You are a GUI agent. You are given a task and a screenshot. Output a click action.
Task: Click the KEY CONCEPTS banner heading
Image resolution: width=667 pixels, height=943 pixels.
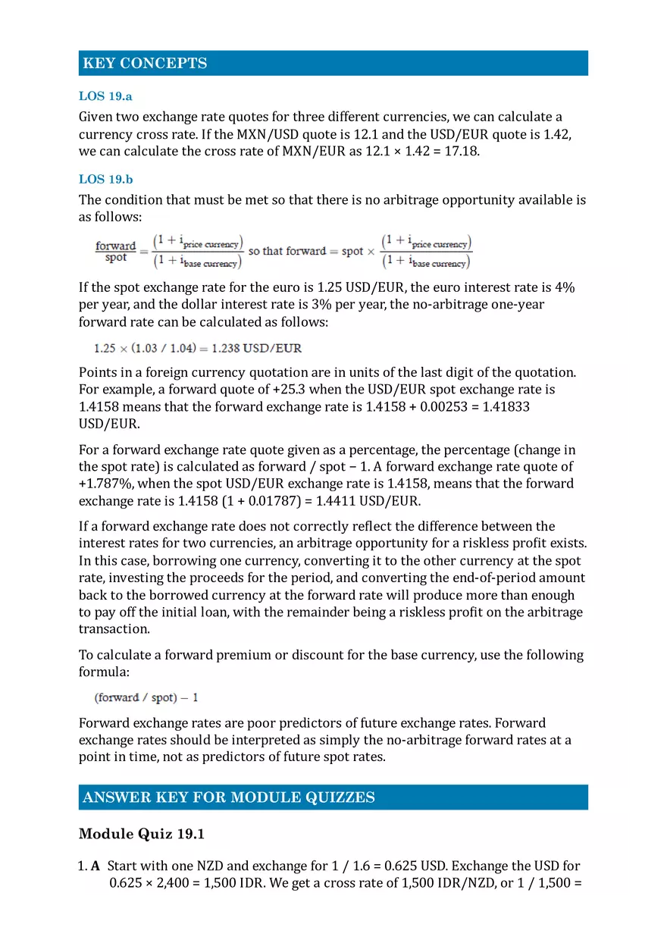(x=145, y=64)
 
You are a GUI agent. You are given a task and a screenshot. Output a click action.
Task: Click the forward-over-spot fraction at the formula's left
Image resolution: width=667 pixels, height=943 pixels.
(x=115, y=252)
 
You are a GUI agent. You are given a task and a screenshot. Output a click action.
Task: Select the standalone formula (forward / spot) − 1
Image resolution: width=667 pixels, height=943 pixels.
(x=146, y=697)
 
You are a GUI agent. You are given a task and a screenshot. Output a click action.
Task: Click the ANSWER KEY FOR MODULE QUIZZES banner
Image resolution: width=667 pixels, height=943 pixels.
(x=229, y=797)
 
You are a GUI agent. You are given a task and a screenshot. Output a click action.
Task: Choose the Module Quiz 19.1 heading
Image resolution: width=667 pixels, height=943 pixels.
(x=142, y=835)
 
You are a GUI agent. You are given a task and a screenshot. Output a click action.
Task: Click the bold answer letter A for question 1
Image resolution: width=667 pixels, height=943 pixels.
(x=96, y=866)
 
